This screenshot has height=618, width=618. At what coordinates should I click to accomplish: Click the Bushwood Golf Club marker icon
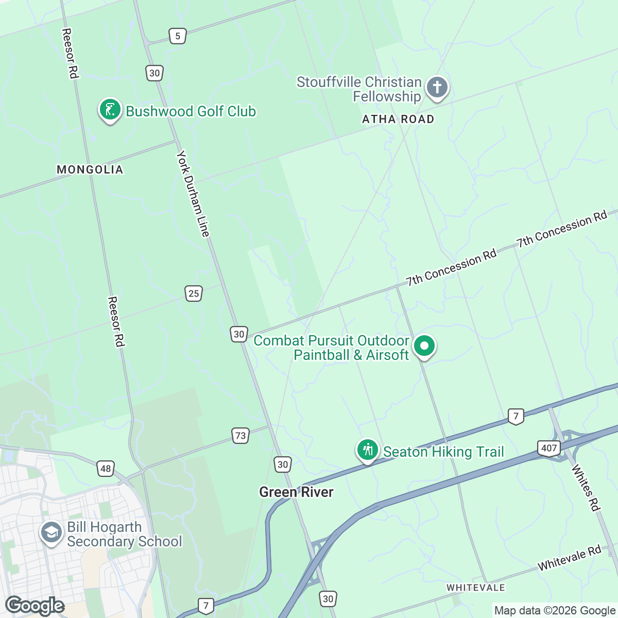tap(110, 110)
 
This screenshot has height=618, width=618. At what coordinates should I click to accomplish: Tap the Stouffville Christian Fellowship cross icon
tap(437, 87)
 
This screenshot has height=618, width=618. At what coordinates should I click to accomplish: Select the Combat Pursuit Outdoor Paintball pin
tap(424, 346)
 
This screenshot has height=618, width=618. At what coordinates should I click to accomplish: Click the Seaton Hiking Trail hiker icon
tap(367, 450)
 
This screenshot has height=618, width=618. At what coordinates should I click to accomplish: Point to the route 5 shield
tap(178, 36)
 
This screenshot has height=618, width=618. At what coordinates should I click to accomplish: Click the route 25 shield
tap(194, 294)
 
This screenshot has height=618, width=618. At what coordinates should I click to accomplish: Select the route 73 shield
tap(241, 436)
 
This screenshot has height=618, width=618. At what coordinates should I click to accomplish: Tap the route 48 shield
tap(106, 468)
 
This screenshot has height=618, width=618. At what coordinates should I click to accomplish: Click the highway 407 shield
tap(549, 448)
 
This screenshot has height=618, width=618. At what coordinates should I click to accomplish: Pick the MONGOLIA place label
tap(90, 169)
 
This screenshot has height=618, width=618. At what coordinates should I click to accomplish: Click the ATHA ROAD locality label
tap(398, 119)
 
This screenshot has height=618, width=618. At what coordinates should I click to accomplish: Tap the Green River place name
tap(296, 492)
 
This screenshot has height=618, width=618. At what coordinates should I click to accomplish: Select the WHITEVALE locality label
tap(475, 588)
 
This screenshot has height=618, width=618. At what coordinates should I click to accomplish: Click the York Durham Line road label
tap(193, 194)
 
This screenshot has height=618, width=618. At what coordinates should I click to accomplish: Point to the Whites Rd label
tap(586, 488)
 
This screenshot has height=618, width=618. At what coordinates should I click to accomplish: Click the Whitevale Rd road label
tap(569, 558)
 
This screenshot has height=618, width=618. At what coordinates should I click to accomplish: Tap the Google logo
tap(35, 606)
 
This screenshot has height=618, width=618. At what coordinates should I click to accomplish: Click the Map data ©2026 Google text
tap(555, 611)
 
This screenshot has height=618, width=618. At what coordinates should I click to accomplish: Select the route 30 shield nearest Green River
tap(283, 465)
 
